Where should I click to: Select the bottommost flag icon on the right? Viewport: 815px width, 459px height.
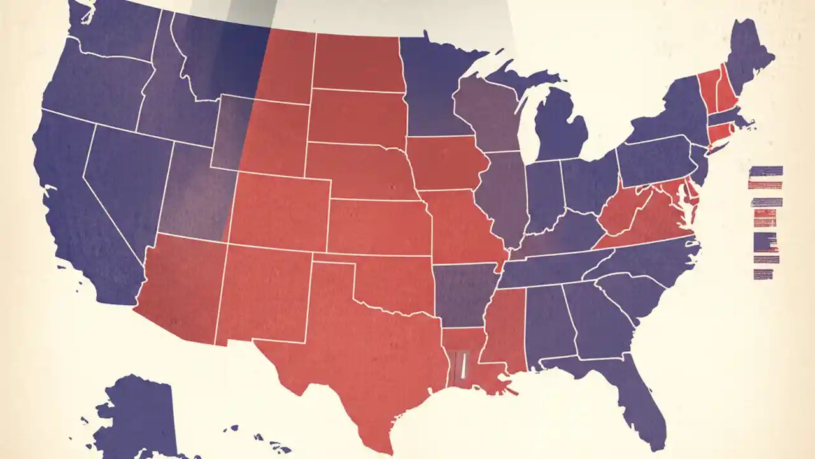[763, 274]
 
